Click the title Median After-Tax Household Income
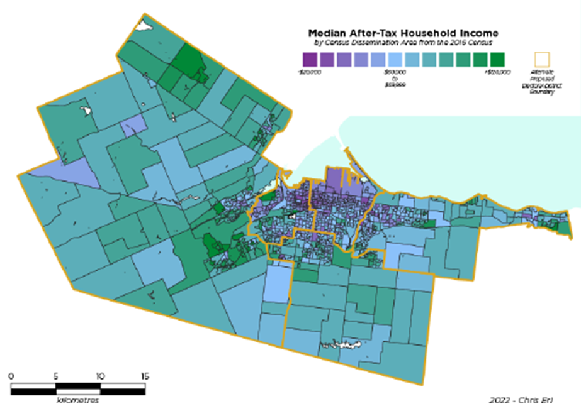[x=403, y=33]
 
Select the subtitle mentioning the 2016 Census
[x=403, y=42]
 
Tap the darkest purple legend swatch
[x=309, y=59]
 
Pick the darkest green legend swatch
[x=497, y=59]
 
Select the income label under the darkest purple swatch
[x=309, y=72]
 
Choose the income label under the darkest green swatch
[x=497, y=72]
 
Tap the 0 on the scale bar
[x=11, y=376]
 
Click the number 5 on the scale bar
[x=56, y=376]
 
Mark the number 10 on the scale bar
[x=100, y=376]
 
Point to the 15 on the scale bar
[x=145, y=376]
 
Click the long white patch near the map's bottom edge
[x=344, y=345]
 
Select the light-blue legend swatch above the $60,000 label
[x=395, y=59]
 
